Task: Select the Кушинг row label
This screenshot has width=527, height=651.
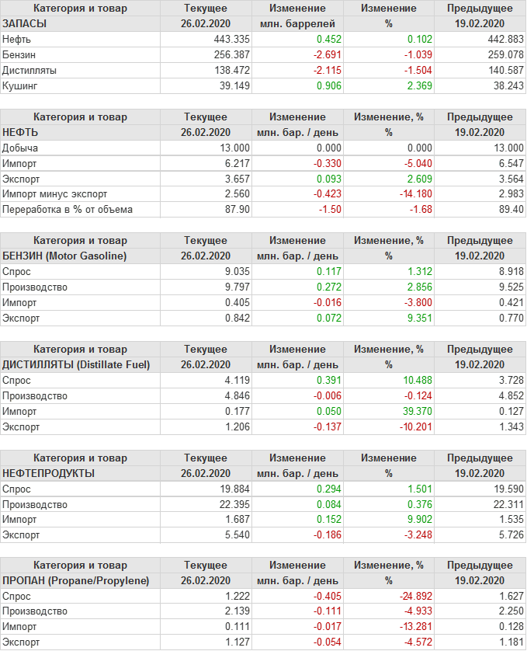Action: click(x=20, y=86)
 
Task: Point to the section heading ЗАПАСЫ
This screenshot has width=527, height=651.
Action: click(x=25, y=24)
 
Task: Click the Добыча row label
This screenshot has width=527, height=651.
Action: click(x=20, y=148)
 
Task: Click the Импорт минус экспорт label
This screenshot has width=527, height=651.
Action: click(x=55, y=194)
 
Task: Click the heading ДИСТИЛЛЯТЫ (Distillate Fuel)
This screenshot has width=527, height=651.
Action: click(x=76, y=364)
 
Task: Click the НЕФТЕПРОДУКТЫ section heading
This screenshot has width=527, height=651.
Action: click(x=49, y=473)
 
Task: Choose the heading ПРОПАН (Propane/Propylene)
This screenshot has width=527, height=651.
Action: click(x=75, y=581)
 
